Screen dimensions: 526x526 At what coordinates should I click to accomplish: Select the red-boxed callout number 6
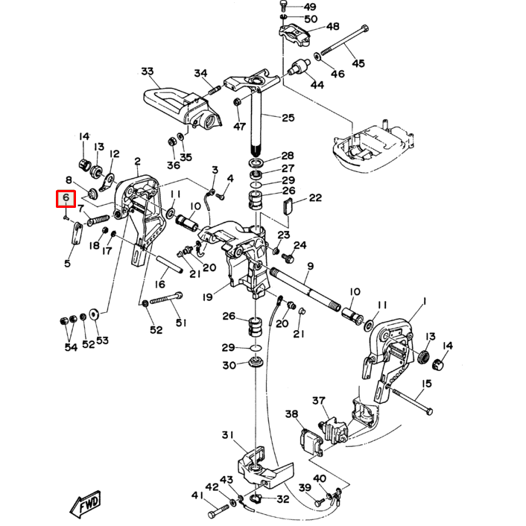66,198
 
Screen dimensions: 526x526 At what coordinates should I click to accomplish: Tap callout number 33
147,72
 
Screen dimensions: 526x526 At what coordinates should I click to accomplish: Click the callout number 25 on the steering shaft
288,118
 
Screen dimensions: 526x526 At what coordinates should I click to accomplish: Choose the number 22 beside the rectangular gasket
315,197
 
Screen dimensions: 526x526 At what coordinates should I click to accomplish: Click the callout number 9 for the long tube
310,266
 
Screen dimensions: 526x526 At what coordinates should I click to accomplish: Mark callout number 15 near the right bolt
427,384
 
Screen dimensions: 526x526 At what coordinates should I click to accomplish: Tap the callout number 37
319,402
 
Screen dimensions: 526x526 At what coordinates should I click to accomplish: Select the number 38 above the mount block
291,414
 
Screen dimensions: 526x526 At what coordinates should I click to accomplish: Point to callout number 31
228,435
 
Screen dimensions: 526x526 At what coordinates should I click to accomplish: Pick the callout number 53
102,340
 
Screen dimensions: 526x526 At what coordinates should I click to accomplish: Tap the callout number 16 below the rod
160,284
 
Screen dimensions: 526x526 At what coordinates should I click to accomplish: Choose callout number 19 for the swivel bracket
208,298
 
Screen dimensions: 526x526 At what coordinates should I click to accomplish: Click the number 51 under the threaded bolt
180,323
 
